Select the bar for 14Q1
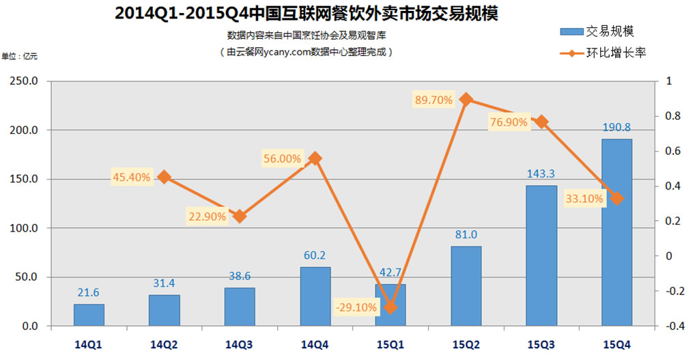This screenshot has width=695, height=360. [89, 315]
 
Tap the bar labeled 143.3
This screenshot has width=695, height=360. [541, 255]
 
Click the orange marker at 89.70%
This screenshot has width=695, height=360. [466, 99]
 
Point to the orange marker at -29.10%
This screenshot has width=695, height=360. [391, 307]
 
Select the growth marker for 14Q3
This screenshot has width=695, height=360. [240, 216]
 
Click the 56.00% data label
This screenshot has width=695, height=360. [282, 158]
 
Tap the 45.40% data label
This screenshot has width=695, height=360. [132, 178]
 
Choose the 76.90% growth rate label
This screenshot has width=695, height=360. [508, 122]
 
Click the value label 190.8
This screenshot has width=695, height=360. [616, 127]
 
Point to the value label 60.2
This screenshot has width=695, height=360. [315, 255]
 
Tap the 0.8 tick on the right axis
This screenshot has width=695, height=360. [674, 116]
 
